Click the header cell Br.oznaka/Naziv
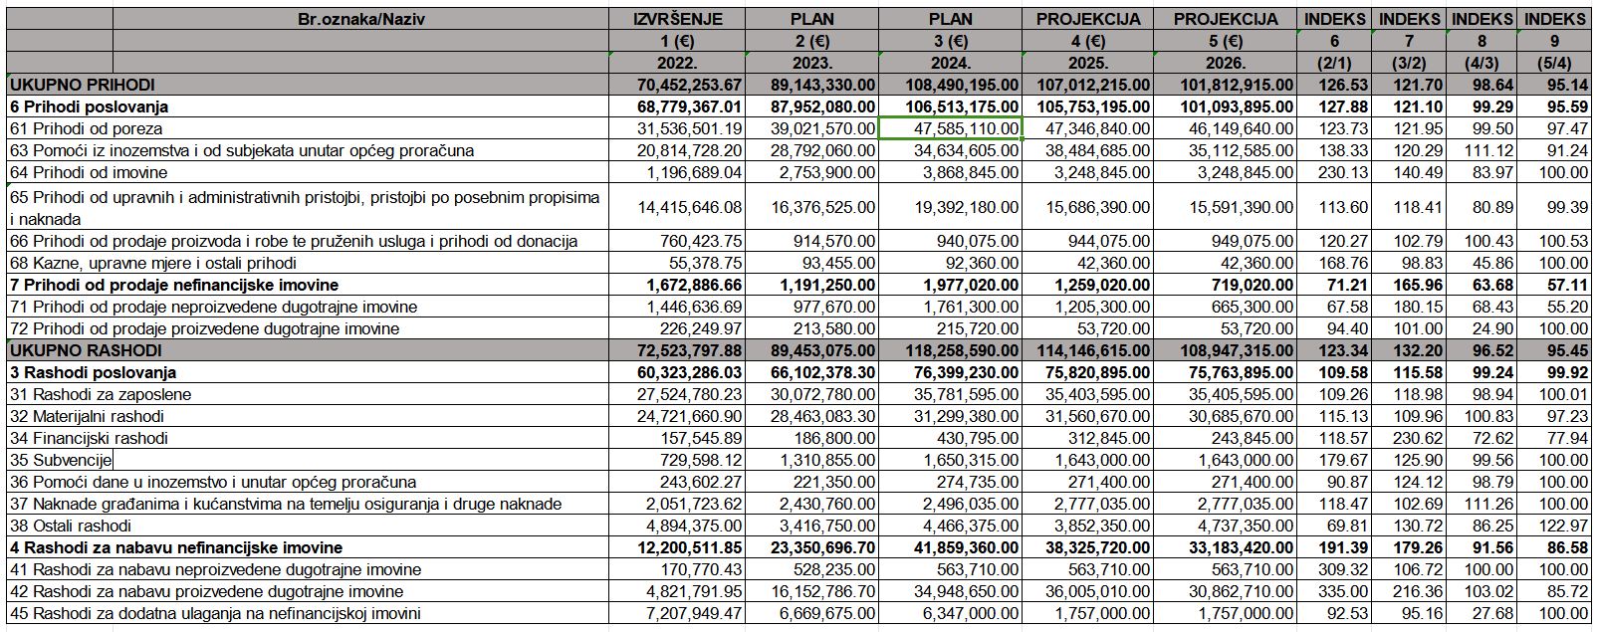(361, 19)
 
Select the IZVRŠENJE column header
(678, 19)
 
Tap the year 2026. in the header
(1225, 63)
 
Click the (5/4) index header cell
(1554, 63)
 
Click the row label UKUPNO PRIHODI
(83, 85)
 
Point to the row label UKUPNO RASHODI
(87, 350)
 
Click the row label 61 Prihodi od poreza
(87, 129)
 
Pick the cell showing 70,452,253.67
(689, 85)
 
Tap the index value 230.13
(1343, 172)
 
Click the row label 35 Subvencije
(62, 460)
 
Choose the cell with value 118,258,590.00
(962, 350)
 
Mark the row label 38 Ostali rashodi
(71, 526)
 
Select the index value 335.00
(1343, 591)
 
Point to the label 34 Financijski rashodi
(90, 438)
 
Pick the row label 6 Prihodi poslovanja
(90, 107)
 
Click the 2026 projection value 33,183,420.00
(1241, 547)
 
